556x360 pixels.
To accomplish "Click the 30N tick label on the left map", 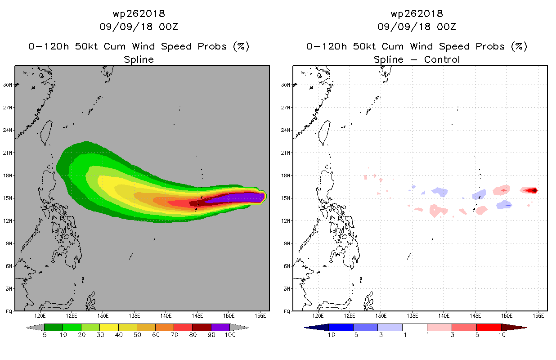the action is (x=8, y=85).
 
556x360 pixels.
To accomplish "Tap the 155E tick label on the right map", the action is (x=538, y=316).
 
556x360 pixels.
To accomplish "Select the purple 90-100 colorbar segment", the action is (x=220, y=327).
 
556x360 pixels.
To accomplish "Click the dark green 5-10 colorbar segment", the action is (x=54, y=327).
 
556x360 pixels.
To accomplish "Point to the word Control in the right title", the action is (x=442, y=59).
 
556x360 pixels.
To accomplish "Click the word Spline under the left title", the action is (x=139, y=60).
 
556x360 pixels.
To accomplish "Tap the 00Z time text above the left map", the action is (x=168, y=27).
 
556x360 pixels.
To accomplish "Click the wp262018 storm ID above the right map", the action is (x=417, y=13).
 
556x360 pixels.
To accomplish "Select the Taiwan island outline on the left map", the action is (x=47, y=133).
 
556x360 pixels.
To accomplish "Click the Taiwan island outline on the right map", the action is (x=325, y=133).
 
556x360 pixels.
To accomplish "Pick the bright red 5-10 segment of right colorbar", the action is (x=489, y=327).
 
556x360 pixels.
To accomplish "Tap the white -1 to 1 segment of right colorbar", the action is (x=414, y=327).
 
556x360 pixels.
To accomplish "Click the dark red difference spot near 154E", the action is (x=534, y=190).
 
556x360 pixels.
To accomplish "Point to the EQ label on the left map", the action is (x=9, y=311).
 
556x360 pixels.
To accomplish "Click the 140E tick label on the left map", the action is (x=166, y=316).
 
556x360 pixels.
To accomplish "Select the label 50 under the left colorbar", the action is (x=137, y=335).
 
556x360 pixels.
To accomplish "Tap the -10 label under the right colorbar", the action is (x=329, y=335).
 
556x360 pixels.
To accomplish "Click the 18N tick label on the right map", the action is (x=286, y=175).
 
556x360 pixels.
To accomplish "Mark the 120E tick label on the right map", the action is (x=318, y=316).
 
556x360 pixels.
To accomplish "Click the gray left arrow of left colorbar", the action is (x=35, y=328).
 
